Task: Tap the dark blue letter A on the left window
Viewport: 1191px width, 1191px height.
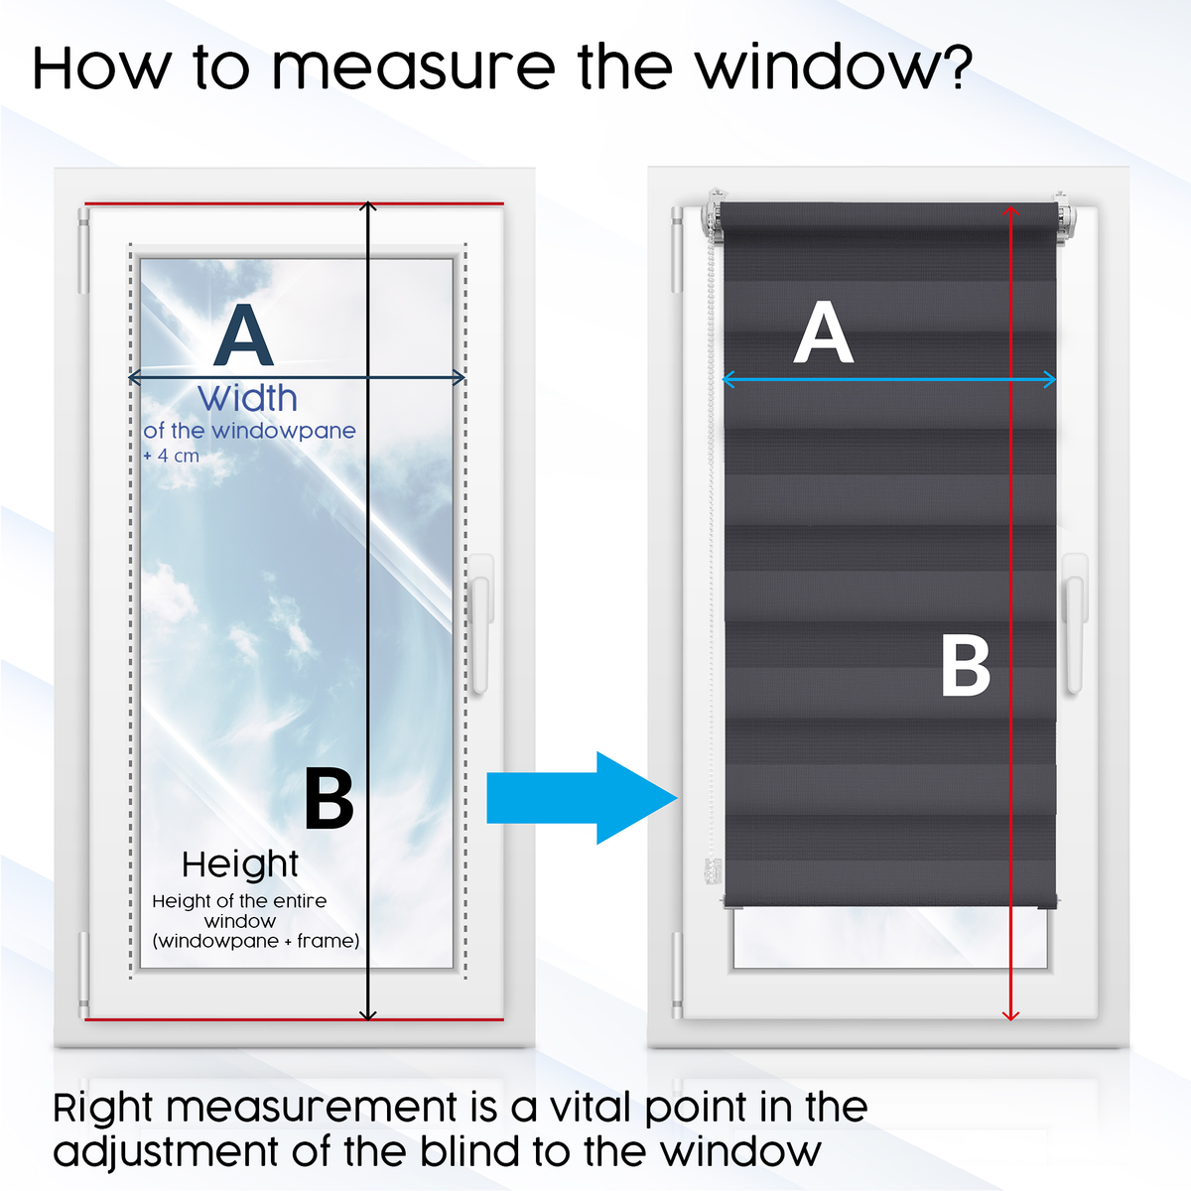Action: click(243, 337)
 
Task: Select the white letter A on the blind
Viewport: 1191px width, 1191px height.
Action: click(824, 334)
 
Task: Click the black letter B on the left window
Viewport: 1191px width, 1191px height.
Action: click(329, 799)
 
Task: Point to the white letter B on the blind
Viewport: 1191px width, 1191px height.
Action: click(965, 666)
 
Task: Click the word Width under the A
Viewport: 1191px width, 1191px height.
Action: click(248, 399)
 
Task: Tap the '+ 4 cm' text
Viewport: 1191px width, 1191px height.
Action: click(171, 457)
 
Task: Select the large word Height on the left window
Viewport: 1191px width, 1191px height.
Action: click(240, 864)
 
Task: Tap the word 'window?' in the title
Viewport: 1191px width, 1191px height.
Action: click(834, 67)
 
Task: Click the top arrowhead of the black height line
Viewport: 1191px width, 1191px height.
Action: click(368, 205)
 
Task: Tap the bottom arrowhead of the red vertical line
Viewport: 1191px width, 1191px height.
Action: click(1010, 1013)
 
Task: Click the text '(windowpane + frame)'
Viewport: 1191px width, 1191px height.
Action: click(256, 941)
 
